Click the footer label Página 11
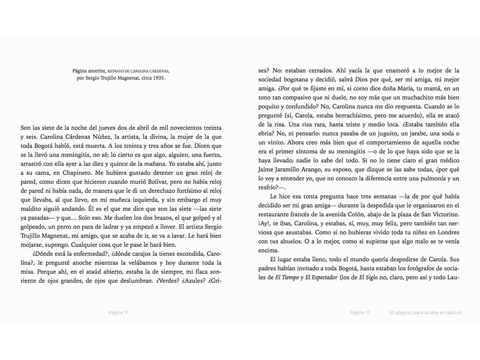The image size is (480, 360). [119, 313]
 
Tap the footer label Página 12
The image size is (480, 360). [360, 313]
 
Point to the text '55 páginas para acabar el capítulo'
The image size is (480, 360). [425, 313]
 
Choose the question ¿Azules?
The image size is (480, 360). [192, 281]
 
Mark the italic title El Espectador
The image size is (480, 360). [322, 277]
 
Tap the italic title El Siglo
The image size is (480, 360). [368, 277]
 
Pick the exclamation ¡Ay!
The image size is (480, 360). [263, 224]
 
